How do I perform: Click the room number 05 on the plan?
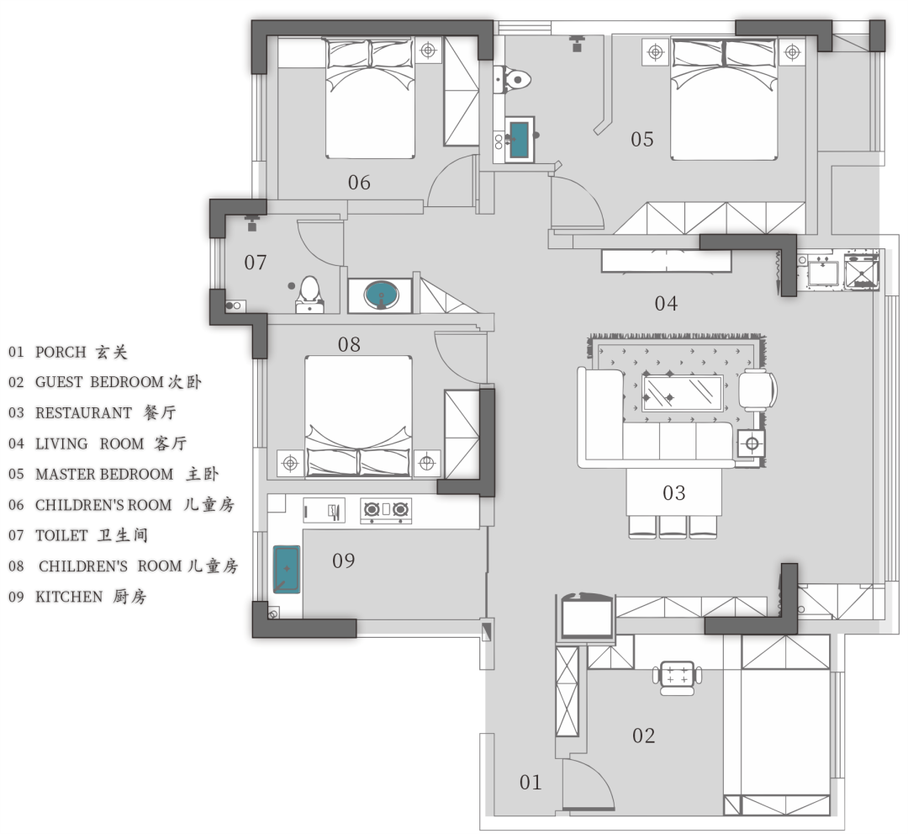tap(641, 139)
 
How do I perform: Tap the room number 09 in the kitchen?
tap(343, 560)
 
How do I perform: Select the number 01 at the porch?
tap(531, 783)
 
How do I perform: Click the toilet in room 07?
tap(309, 294)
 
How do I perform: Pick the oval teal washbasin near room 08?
tap(381, 295)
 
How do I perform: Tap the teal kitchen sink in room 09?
tap(287, 569)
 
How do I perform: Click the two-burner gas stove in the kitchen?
tap(386, 510)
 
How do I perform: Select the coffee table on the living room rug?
tap(683, 394)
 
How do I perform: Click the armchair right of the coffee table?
tap(758, 390)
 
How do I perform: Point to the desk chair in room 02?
tap(677, 677)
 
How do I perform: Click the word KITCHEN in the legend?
tap(69, 597)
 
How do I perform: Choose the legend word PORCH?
tap(61, 353)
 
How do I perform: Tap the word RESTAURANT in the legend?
tap(83, 413)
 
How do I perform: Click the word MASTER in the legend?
tap(59, 475)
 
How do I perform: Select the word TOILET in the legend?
tap(61, 535)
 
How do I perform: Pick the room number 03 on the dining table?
tap(674, 493)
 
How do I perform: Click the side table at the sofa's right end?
tap(752, 444)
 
